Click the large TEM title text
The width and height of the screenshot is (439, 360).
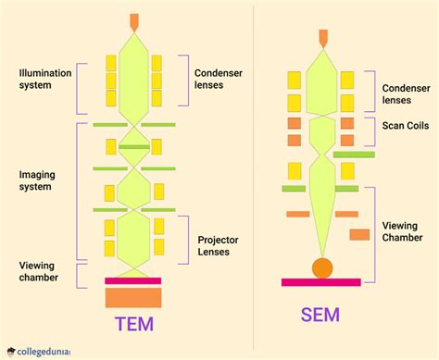[x=133, y=324]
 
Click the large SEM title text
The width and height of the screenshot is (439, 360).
[x=320, y=315]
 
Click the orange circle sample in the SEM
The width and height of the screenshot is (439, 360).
[x=321, y=268]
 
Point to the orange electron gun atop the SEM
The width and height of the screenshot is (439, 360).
[x=322, y=38]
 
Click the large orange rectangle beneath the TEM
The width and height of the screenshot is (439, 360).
[x=133, y=298]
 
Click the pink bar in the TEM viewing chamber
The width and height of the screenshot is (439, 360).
[x=133, y=279]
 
